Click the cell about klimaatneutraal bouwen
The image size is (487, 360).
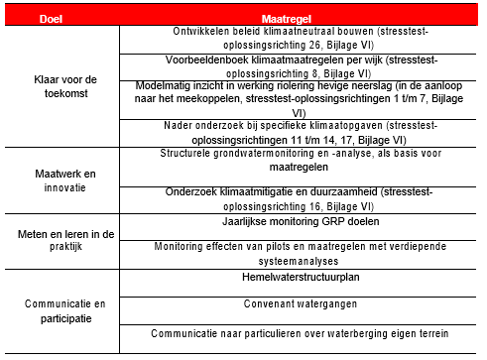[x=296, y=38]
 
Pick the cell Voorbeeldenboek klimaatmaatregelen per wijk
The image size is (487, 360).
[x=296, y=67]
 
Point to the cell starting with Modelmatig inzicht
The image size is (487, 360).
[x=296, y=99]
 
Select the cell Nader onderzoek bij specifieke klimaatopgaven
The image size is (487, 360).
[x=296, y=132]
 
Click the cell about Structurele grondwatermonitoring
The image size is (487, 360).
[x=296, y=161]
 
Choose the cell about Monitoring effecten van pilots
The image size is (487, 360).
[x=296, y=252]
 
